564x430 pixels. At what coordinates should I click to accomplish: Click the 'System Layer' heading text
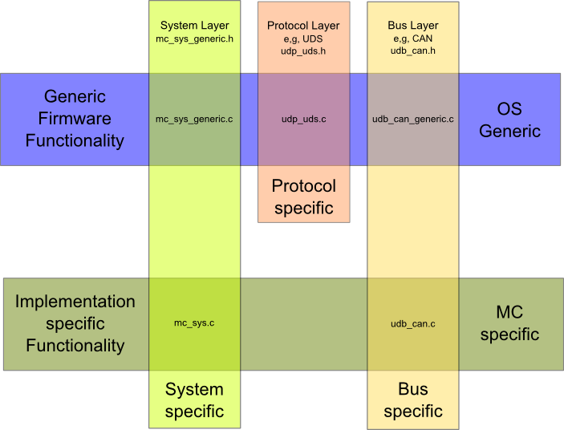coord(194,26)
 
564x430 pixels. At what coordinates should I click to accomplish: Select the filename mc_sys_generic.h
coord(194,38)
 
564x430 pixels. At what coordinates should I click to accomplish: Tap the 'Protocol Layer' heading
coord(303,26)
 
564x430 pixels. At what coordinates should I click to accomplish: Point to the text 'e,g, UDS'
coord(303,38)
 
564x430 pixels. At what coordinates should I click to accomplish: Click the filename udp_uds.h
coord(303,51)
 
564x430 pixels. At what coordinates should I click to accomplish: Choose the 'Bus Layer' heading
coord(413,26)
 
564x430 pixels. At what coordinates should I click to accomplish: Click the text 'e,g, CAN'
coord(413,38)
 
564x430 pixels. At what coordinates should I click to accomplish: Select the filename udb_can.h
coord(413,51)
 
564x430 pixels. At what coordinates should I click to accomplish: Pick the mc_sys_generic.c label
coord(194,120)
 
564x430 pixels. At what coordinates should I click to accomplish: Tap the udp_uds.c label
coord(303,120)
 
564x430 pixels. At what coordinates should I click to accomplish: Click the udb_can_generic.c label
coord(413,120)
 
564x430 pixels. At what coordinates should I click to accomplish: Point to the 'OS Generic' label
coord(509,120)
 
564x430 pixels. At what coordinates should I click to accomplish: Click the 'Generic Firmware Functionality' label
coord(75,119)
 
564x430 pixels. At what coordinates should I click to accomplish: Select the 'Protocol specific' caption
coord(303,197)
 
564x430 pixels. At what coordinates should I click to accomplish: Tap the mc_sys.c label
coord(194,323)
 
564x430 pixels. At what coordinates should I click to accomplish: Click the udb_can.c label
coord(413,323)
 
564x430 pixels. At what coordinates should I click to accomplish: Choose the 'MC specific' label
coord(509,323)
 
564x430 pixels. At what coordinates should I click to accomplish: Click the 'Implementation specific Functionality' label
coord(75,323)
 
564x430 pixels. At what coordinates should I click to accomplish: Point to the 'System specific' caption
coord(194,400)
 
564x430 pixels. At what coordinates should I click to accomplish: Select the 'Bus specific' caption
coord(413,400)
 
